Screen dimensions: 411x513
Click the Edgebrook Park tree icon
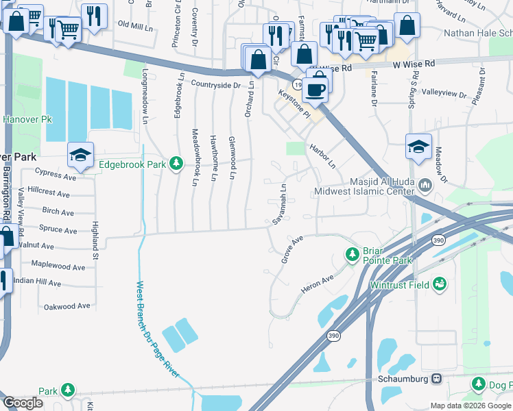pyautogui.click(x=177, y=163)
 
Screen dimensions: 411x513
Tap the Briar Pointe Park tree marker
pyautogui.click(x=353, y=255)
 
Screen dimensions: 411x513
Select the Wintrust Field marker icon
pyautogui.click(x=439, y=284)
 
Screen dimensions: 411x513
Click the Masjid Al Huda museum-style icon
pyautogui.click(x=425, y=184)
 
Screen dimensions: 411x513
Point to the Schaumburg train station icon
pyautogui.click(x=436, y=378)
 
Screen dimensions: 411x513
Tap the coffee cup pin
pyautogui.click(x=315, y=88)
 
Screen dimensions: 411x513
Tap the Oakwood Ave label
pyautogui.click(x=66, y=306)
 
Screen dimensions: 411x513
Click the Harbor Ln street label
pyautogui.click(x=322, y=155)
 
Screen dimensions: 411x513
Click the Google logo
pyautogui.click(x=23, y=403)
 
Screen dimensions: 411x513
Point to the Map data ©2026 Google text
pyautogui.click(x=470, y=405)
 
